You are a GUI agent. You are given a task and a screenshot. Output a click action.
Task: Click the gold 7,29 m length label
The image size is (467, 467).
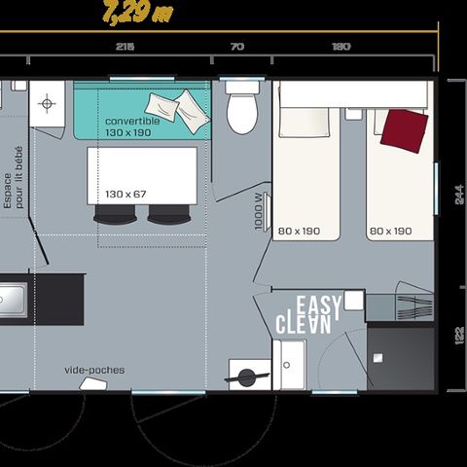[x=139, y=15]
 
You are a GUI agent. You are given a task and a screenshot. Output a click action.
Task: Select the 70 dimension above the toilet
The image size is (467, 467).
[x=238, y=47]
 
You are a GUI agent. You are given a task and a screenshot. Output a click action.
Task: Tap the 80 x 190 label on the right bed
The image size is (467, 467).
[x=391, y=232]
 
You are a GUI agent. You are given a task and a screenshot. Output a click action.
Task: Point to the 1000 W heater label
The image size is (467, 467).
[x=257, y=212]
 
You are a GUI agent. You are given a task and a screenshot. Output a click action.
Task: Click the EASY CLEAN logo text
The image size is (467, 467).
[x=309, y=313]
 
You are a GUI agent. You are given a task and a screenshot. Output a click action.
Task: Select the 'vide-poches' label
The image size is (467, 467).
[x=94, y=370]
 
